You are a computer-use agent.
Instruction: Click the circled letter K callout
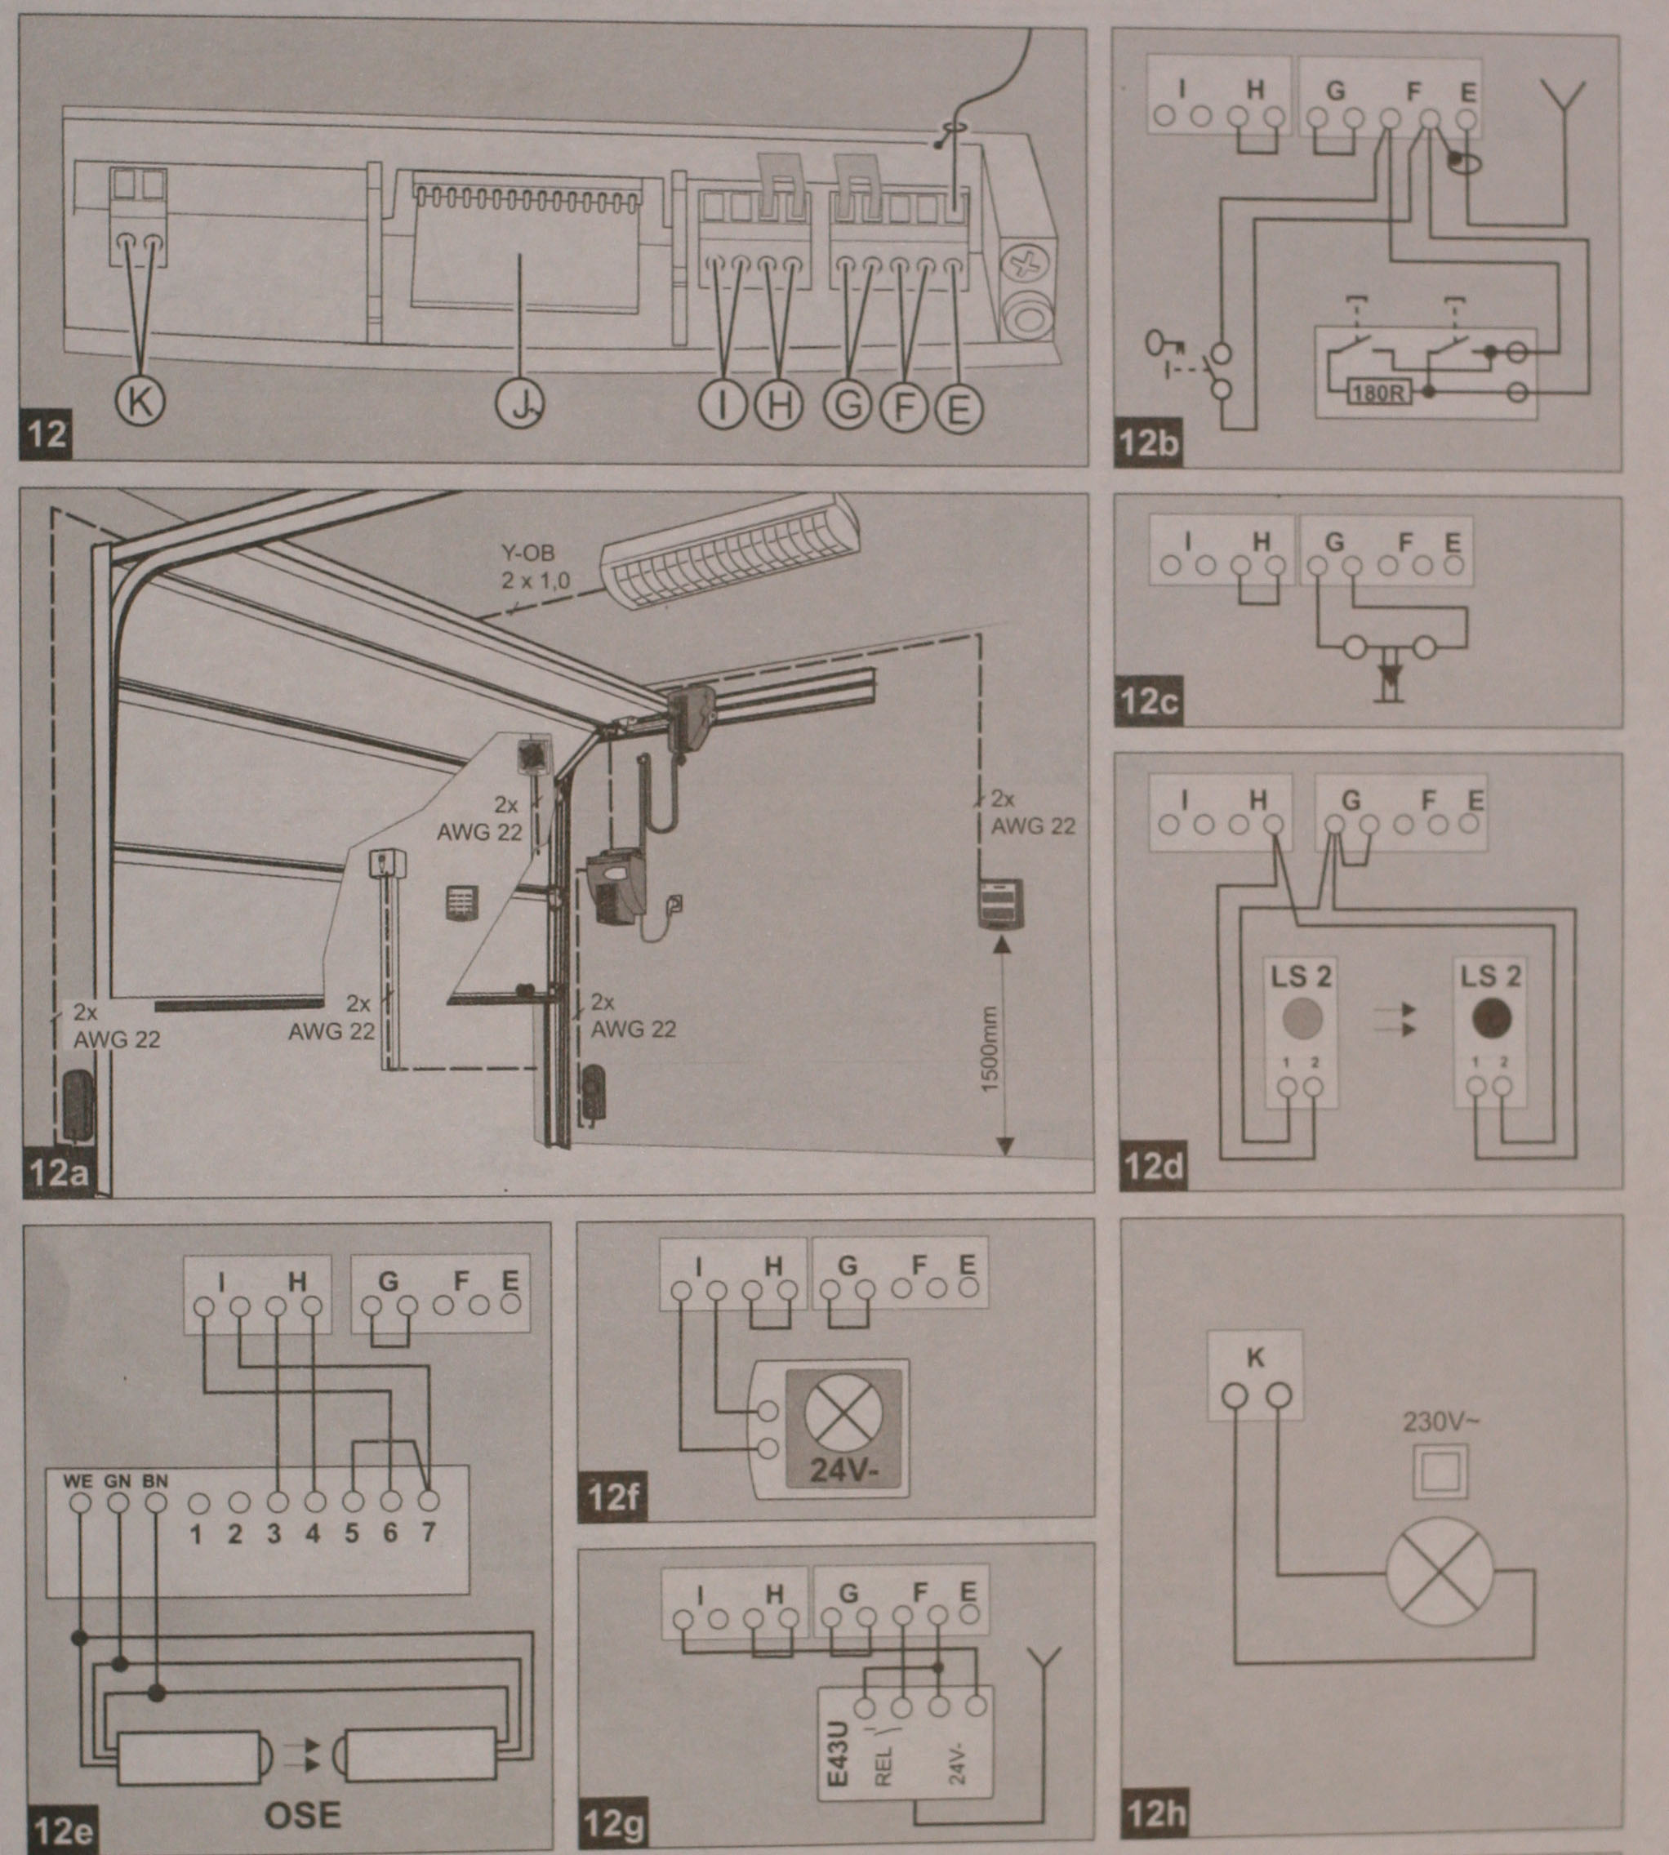(140, 401)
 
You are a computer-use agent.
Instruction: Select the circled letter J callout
(521, 404)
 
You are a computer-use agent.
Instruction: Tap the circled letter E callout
(959, 407)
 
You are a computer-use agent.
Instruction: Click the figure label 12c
(1149, 702)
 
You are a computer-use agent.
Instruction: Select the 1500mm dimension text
(990, 1050)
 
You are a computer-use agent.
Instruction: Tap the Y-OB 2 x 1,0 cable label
(535, 567)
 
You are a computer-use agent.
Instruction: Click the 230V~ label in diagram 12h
(1440, 1422)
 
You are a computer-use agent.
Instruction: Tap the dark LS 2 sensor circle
(1490, 1018)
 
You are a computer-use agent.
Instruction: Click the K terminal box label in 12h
(1255, 1356)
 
